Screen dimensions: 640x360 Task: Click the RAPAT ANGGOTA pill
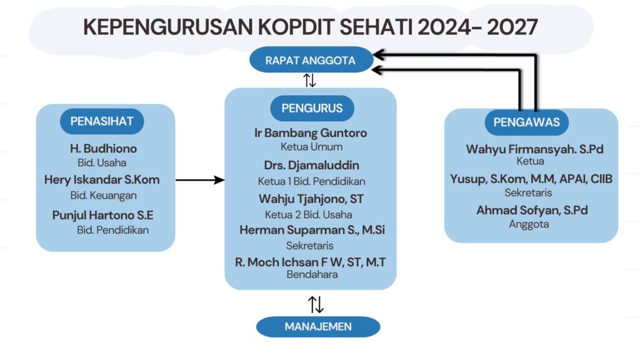click(x=311, y=60)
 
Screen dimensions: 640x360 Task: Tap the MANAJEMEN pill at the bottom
click(x=318, y=326)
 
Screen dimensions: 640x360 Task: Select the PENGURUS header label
click(x=312, y=108)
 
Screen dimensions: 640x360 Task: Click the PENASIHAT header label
click(x=102, y=121)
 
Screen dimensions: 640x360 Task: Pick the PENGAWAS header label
click(x=526, y=122)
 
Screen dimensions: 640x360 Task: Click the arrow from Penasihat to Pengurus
click(x=200, y=179)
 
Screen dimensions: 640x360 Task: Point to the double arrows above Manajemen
click(x=316, y=304)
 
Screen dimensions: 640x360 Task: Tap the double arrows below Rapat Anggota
click(x=310, y=80)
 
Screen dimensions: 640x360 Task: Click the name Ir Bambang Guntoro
click(x=311, y=133)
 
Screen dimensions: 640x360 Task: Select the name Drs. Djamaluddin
click(x=311, y=165)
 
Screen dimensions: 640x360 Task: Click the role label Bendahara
click(x=312, y=274)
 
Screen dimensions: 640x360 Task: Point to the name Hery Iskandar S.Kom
click(x=102, y=179)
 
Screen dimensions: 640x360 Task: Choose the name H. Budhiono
click(x=103, y=149)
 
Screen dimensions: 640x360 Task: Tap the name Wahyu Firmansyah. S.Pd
click(x=535, y=149)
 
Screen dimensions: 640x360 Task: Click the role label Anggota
click(x=529, y=224)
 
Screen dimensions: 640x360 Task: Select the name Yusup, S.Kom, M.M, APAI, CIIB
click(x=531, y=179)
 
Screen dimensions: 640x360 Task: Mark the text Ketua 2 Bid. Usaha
click(x=309, y=215)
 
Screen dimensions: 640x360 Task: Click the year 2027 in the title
click(x=512, y=27)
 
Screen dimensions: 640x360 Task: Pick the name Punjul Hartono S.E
click(x=103, y=216)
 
